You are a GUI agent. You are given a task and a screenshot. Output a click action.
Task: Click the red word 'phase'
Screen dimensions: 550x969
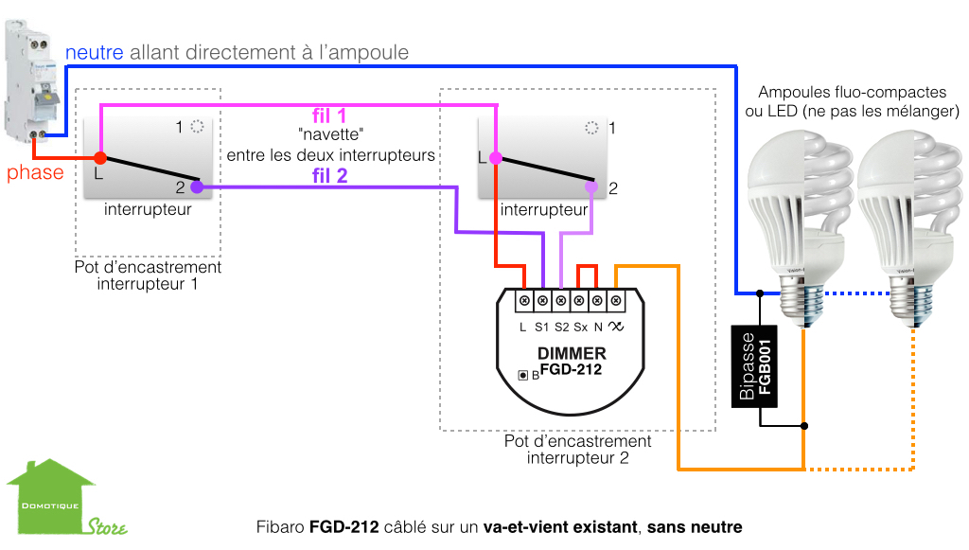(x=35, y=172)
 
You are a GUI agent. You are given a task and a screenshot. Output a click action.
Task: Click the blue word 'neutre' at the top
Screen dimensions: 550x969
(x=95, y=52)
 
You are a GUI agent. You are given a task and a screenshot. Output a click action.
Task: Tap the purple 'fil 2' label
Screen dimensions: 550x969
(x=329, y=174)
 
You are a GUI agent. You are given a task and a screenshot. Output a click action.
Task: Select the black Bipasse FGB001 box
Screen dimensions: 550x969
(x=757, y=367)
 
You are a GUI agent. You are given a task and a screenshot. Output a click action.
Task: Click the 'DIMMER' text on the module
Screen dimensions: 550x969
(x=571, y=354)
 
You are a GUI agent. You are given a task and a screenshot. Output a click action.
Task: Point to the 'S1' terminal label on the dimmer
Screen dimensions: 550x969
(x=541, y=327)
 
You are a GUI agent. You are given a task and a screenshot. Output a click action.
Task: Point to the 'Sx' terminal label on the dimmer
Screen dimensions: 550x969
(x=580, y=327)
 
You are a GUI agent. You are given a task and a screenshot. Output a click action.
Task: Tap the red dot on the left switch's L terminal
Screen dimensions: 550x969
(x=99, y=158)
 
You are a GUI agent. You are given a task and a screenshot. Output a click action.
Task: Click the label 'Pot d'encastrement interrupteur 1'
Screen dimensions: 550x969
(x=148, y=275)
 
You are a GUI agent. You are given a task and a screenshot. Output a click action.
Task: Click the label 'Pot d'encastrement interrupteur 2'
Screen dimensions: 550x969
(x=577, y=450)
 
